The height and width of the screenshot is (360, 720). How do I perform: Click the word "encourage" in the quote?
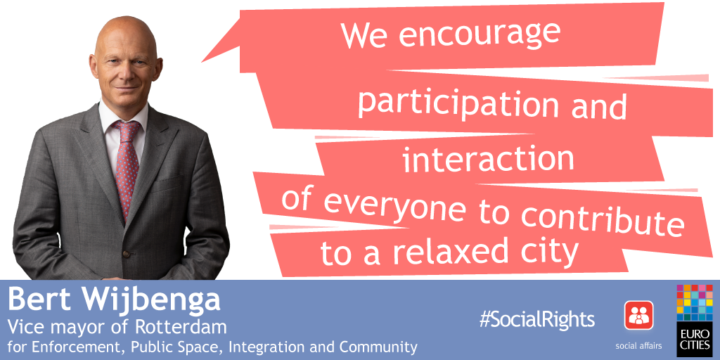(480, 34)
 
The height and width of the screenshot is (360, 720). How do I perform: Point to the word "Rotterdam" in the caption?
(181, 328)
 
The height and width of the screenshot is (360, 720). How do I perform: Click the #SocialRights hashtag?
(536, 319)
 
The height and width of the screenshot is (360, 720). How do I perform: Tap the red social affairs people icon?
(638, 315)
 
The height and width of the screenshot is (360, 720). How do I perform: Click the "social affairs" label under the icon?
(638, 345)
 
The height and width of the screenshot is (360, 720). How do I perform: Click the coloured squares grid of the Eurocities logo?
(694, 302)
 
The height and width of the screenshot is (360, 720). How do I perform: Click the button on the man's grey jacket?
(125, 253)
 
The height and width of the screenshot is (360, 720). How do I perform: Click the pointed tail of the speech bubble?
(202, 62)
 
